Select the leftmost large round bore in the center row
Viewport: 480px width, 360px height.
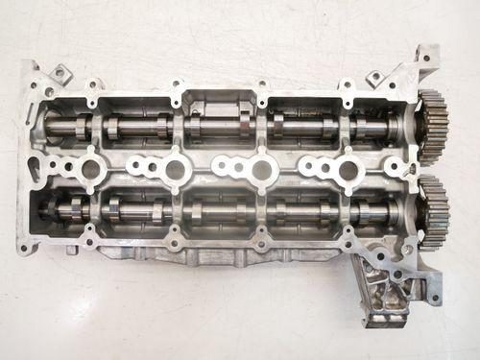coord(92,171)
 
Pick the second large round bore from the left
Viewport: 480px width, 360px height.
coord(175,171)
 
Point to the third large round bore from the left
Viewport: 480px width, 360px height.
coord(259,171)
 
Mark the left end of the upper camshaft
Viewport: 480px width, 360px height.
coord(48,126)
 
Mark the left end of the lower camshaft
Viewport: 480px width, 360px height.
coord(48,205)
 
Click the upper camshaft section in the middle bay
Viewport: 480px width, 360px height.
coord(219,125)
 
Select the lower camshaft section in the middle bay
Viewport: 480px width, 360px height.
coord(219,208)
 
